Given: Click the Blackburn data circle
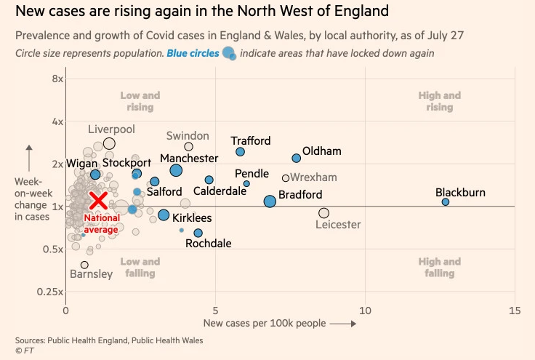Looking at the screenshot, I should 446,202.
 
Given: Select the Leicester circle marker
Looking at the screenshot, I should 323,213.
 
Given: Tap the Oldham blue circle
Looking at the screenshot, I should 296,158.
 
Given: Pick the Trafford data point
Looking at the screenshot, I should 240,152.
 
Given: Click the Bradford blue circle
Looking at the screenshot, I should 270,201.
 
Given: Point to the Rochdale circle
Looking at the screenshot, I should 198,233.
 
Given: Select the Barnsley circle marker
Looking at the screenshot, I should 84,265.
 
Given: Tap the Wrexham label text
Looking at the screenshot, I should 315,177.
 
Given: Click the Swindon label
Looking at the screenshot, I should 188,136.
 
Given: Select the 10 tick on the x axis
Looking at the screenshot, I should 365,311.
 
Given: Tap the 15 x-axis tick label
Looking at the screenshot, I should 515,311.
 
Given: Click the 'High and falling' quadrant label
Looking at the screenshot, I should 439,268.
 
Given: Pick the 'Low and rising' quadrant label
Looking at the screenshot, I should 140,102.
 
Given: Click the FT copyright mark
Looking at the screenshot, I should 24,351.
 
